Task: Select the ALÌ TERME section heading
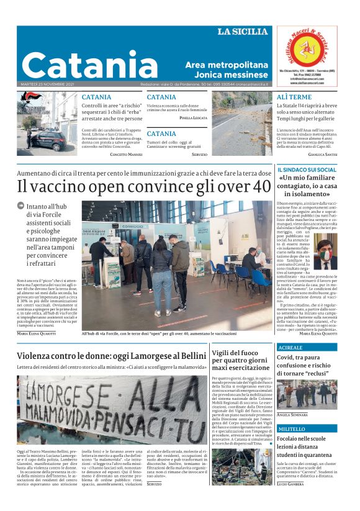coord(294,97)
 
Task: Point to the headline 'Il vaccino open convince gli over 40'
coord(143,186)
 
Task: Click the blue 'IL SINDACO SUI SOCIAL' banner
coord(307,170)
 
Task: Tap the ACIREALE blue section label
coord(291,348)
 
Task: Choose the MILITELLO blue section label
coord(292,428)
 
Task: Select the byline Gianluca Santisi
coord(322,154)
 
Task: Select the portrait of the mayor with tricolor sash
coord(326,251)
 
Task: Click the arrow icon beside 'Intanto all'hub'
coord(20,206)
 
